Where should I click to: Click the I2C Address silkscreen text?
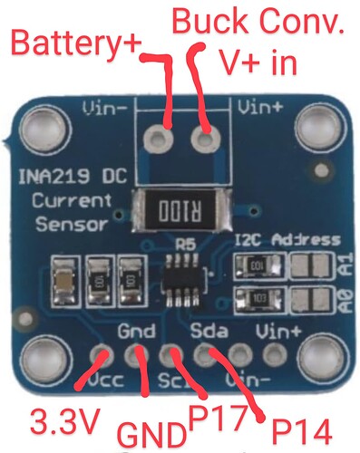pyautogui.click(x=287, y=241)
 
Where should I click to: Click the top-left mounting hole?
pyautogui.click(x=38, y=125)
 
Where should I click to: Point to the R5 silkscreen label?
pyautogui.click(x=187, y=244)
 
